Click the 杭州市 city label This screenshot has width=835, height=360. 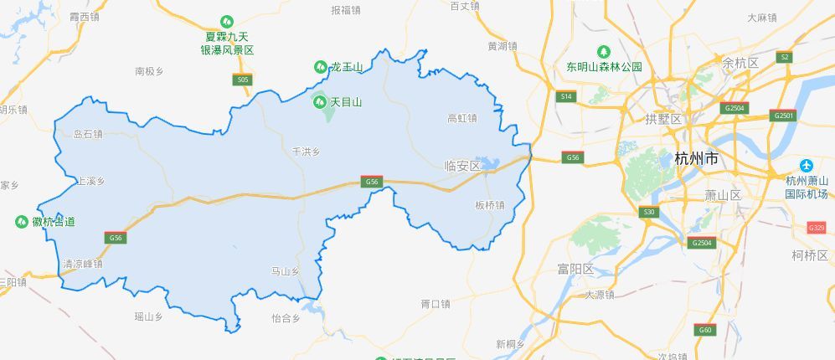point(696,158)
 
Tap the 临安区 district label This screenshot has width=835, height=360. point(462,166)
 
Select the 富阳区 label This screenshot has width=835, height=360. point(575,269)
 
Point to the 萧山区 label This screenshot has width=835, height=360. point(724,195)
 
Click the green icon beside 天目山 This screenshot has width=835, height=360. point(319,102)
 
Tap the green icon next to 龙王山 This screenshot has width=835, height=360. point(320,66)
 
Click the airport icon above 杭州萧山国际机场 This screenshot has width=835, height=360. point(806,165)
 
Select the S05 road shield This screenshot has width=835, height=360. point(242,80)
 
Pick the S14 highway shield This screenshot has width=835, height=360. point(566,97)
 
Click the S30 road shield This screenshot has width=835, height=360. point(648,213)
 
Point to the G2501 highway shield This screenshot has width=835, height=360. point(785,115)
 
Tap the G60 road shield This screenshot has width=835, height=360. point(705,330)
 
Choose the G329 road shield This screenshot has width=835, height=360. point(817,228)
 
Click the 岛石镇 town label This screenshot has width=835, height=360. point(88,133)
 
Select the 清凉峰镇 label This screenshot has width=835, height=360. point(82,263)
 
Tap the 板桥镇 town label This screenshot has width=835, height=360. point(489,205)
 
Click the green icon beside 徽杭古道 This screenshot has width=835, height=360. point(22,222)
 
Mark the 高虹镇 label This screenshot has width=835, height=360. point(462,118)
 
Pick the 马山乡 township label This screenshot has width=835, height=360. point(286,271)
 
